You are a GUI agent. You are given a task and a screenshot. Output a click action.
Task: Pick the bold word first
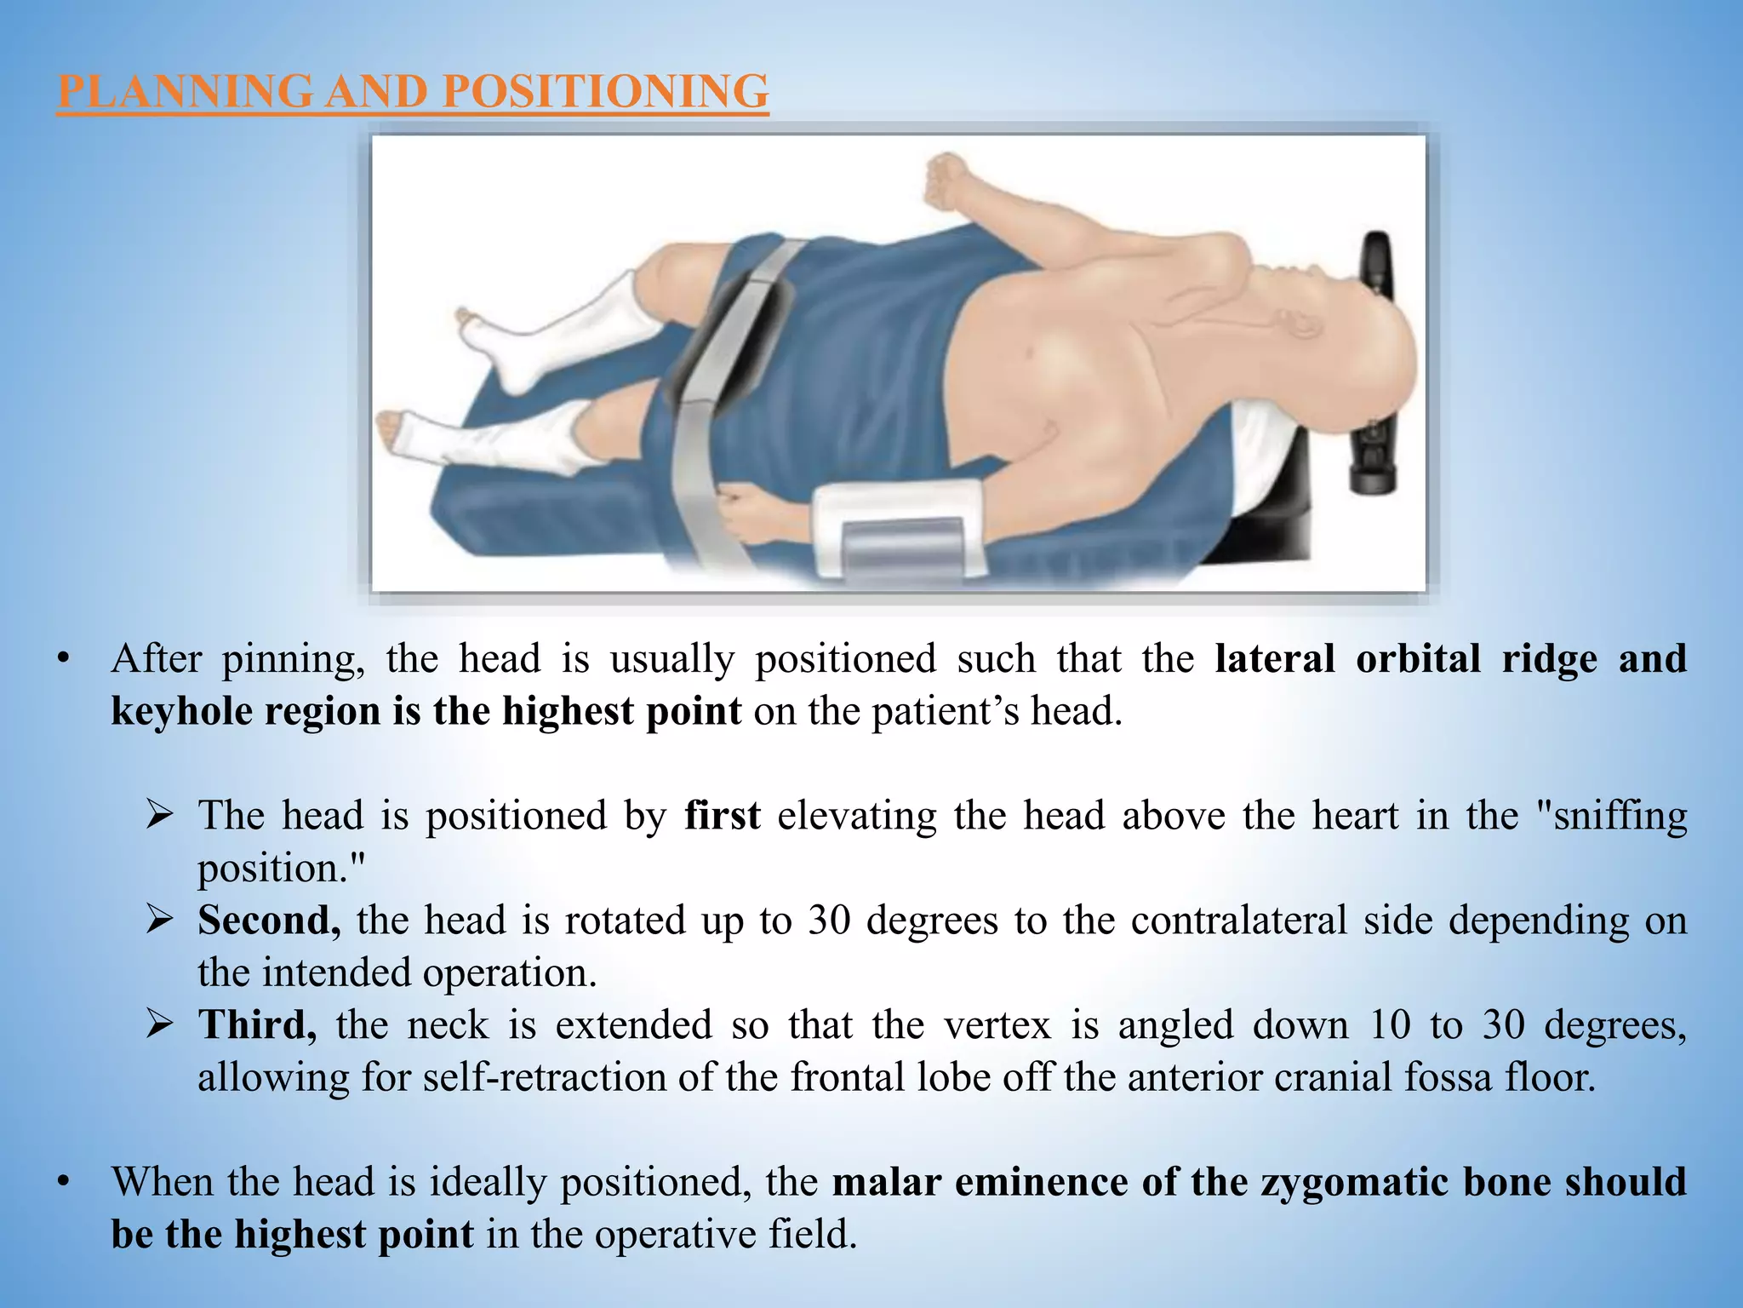pos(722,816)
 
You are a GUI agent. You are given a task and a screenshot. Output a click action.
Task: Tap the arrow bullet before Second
pos(160,921)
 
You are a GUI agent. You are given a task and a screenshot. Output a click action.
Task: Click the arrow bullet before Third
pos(160,1024)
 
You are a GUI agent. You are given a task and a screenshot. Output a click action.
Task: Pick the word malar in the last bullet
pos(886,1182)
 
